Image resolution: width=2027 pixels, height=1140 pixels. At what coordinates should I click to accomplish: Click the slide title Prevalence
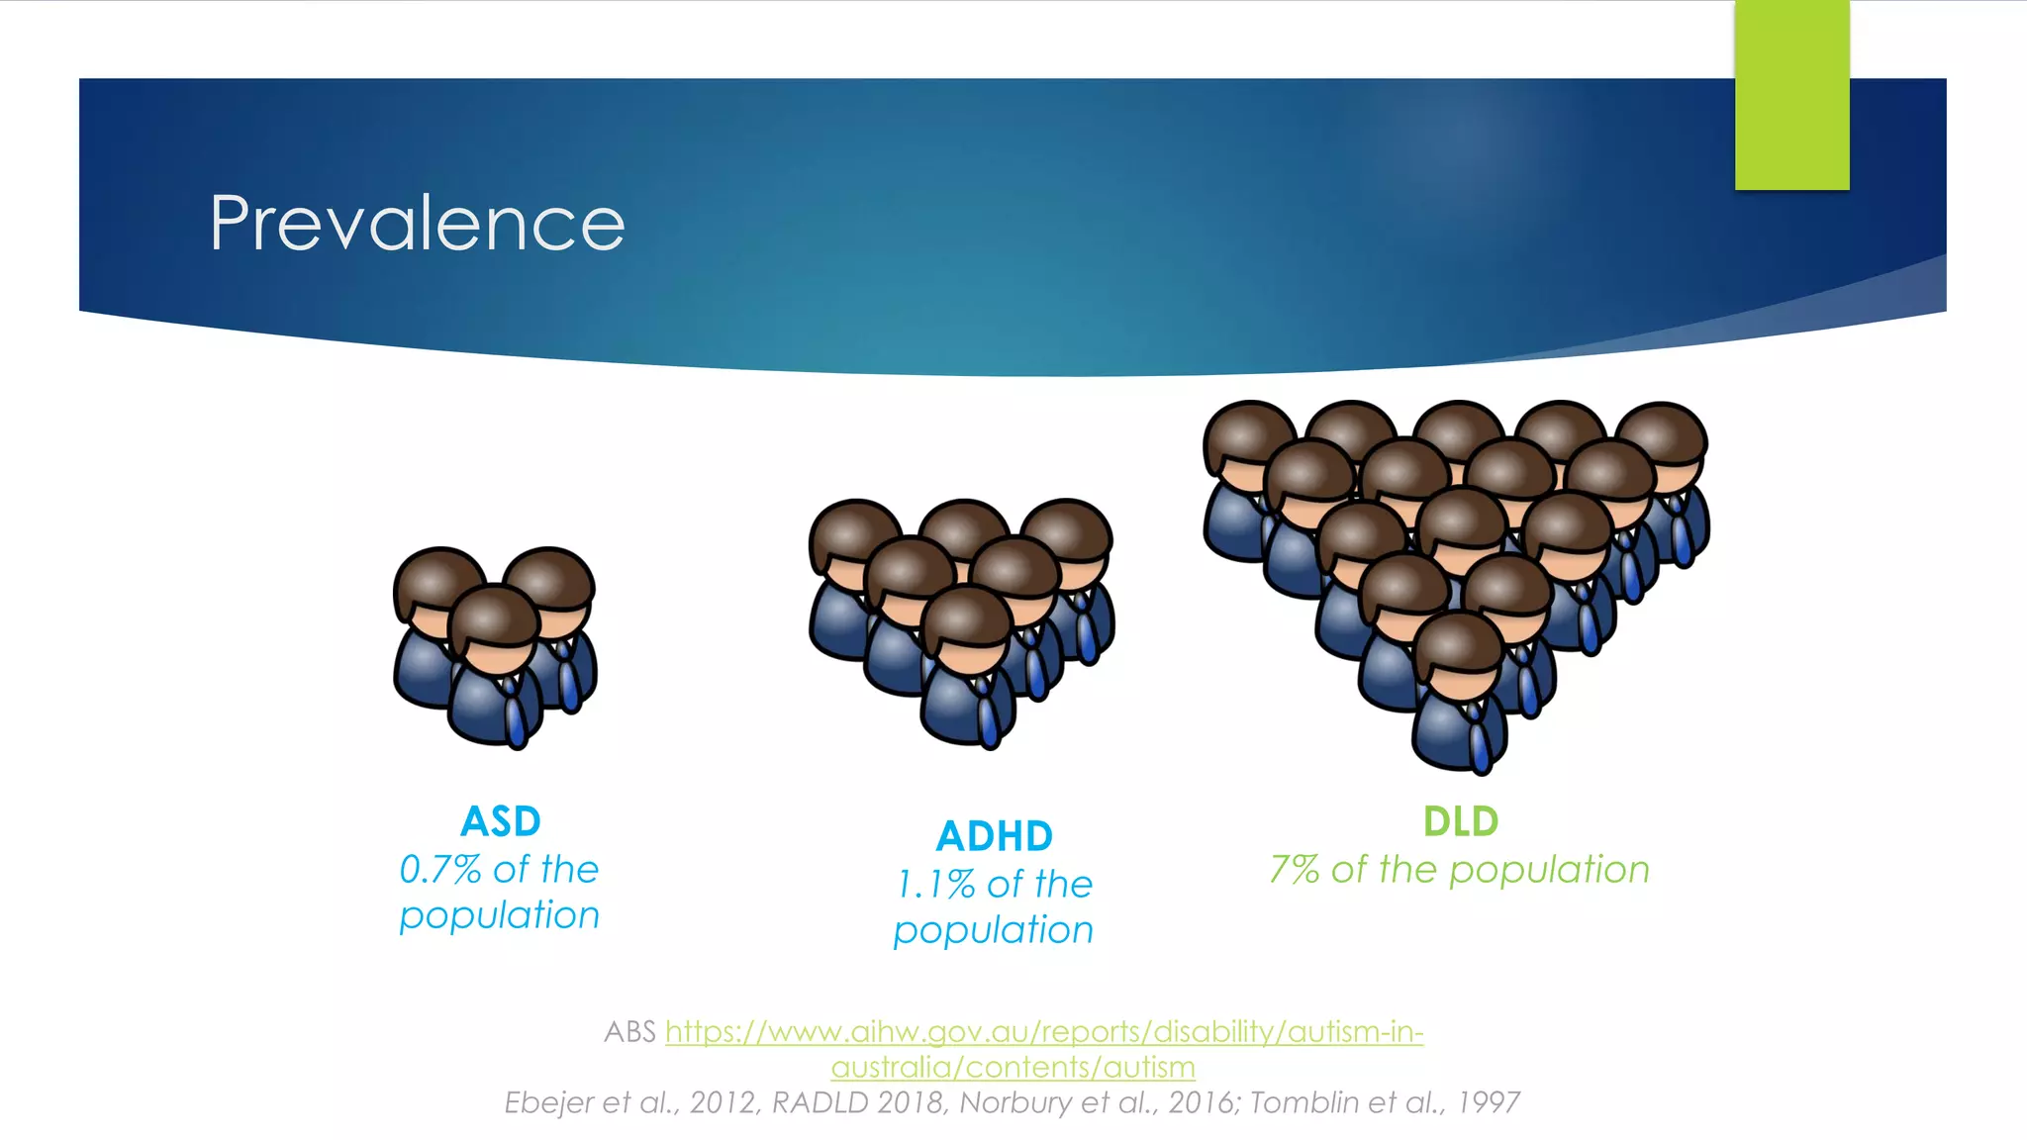(x=417, y=224)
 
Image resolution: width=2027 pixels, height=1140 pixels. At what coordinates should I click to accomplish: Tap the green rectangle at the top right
(x=1791, y=95)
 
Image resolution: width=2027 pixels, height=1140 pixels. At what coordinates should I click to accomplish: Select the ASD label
(x=501, y=821)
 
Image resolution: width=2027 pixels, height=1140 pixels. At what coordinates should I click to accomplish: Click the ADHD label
(x=994, y=836)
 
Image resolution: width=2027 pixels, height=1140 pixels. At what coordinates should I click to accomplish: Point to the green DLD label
(x=1460, y=821)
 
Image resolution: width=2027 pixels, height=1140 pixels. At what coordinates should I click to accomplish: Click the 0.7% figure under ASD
(x=439, y=870)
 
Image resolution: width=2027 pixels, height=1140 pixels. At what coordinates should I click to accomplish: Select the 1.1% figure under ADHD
(x=935, y=885)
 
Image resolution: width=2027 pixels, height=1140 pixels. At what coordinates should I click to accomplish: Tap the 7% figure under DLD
(x=1294, y=870)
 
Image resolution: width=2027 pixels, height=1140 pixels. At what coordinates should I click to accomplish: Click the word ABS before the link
(x=629, y=1032)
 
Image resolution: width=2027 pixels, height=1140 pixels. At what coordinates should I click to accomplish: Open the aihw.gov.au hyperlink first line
(x=1044, y=1032)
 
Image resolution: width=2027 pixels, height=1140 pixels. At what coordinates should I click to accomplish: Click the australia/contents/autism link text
(x=1013, y=1068)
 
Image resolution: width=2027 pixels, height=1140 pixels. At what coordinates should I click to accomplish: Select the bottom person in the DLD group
(x=1459, y=693)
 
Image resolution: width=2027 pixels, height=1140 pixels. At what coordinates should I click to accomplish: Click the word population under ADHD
(x=993, y=931)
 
